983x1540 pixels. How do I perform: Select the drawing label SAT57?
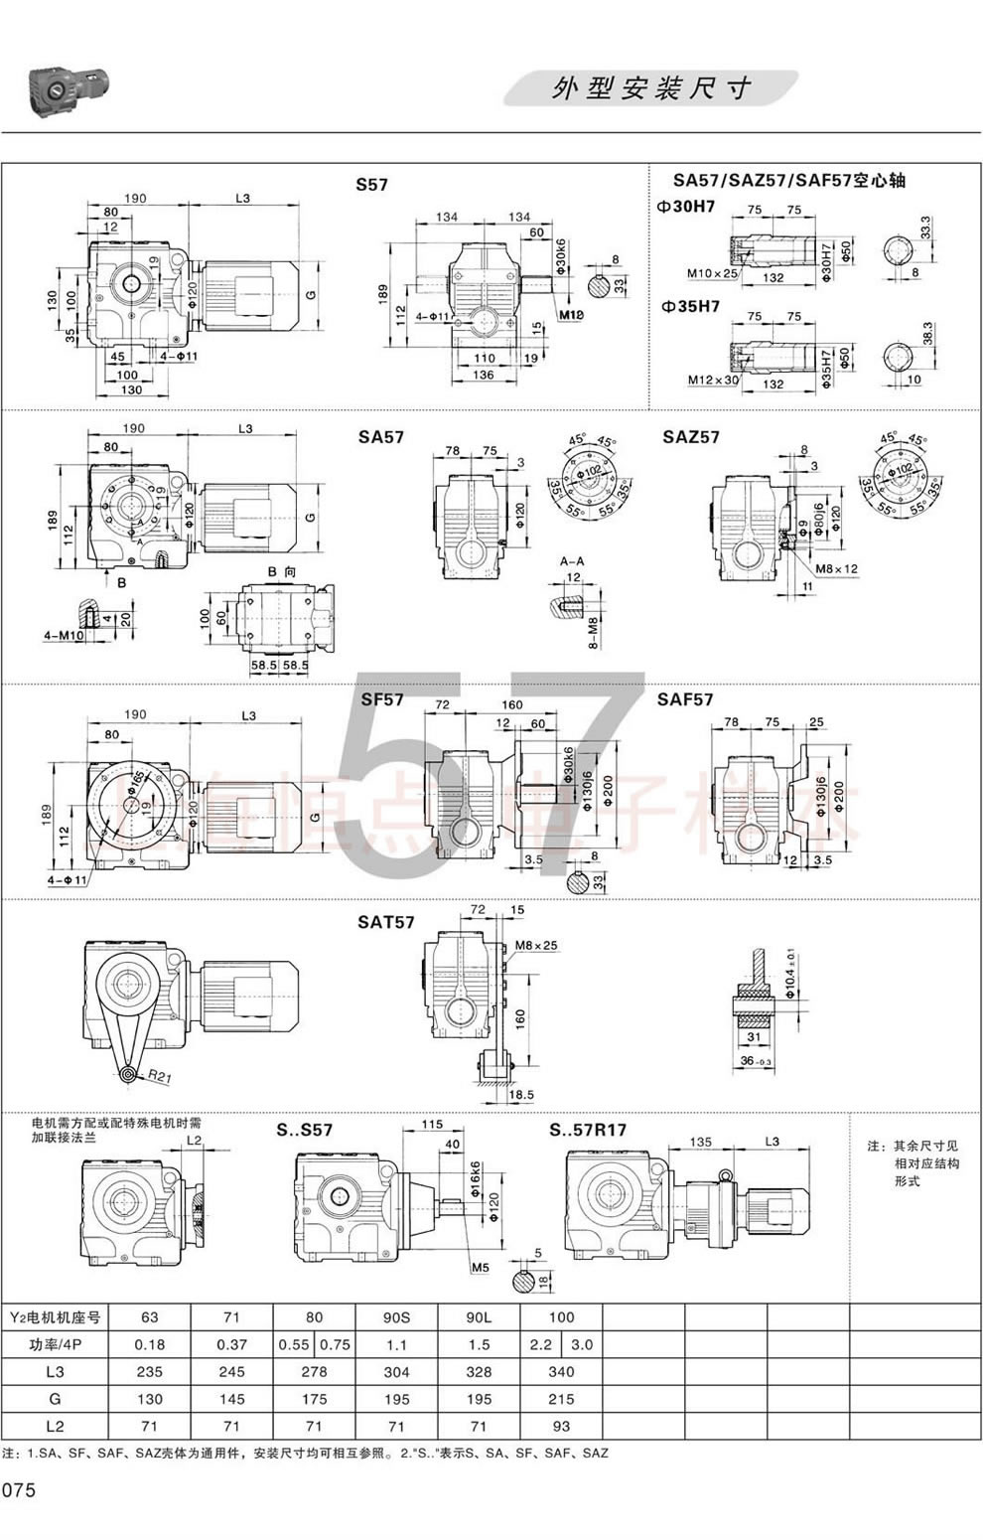(x=386, y=922)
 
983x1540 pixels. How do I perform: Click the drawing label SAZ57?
(x=691, y=436)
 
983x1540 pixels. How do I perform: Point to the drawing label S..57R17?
(x=588, y=1130)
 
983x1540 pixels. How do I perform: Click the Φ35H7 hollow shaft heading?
(x=688, y=307)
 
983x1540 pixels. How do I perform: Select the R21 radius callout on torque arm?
(x=157, y=1075)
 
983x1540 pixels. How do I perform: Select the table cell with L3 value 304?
(x=396, y=1371)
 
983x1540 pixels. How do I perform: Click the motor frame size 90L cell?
(x=479, y=1317)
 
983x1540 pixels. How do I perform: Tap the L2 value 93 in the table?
(x=561, y=1426)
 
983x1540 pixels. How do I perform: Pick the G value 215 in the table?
(x=561, y=1398)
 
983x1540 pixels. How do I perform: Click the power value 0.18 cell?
(x=150, y=1344)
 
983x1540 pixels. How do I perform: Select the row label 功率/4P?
(x=55, y=1344)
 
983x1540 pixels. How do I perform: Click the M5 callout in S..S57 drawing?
(x=481, y=1267)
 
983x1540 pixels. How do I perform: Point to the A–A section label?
(x=572, y=560)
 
